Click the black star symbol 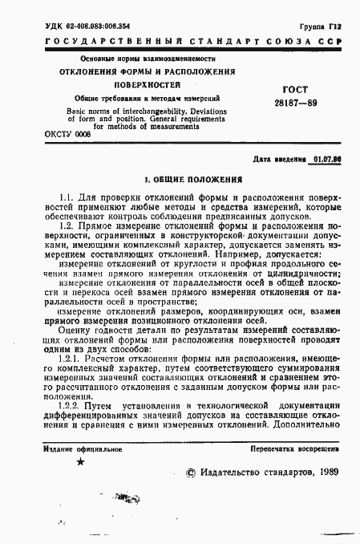(x=79, y=462)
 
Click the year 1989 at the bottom (x=326, y=474)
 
